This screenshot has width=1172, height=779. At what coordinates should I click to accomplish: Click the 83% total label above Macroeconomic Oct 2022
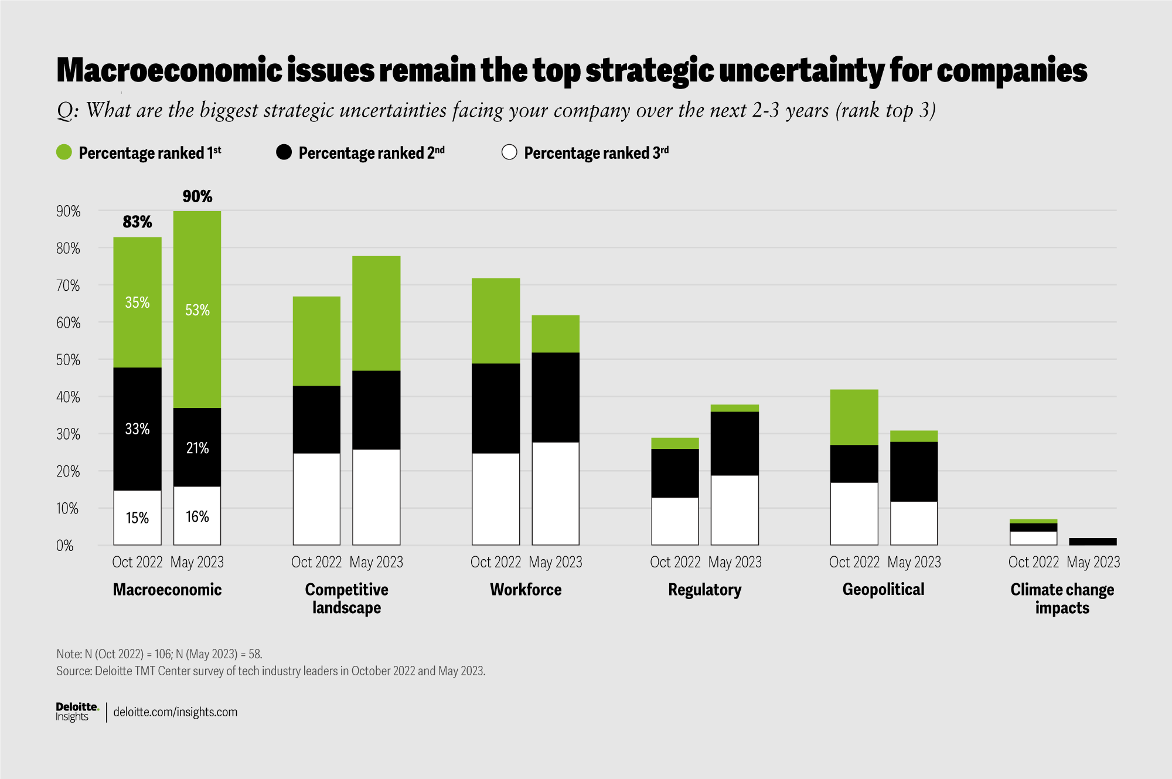[x=137, y=222]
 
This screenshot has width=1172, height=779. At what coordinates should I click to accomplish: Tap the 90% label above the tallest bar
[x=197, y=196]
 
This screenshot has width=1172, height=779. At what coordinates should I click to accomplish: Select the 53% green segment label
[x=197, y=310]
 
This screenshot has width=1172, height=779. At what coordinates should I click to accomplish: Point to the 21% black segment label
[x=197, y=448]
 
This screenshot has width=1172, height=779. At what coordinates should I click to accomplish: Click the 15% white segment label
[x=137, y=518]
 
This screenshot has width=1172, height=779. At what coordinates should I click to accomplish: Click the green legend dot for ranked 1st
[x=64, y=152]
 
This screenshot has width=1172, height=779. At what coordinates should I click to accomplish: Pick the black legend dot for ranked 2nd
[x=284, y=152]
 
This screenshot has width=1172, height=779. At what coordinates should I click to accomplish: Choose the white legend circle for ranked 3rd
[x=509, y=152]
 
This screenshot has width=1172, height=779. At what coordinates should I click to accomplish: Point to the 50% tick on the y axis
[x=68, y=360]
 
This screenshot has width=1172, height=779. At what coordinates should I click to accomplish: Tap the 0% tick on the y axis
[x=65, y=546]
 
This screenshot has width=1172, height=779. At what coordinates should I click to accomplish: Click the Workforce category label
[x=526, y=590]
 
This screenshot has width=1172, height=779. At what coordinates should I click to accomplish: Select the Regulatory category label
[x=704, y=590]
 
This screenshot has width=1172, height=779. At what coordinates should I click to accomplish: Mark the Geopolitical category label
[x=883, y=590]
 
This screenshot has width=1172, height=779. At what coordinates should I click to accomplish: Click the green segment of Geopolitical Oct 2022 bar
[x=854, y=417]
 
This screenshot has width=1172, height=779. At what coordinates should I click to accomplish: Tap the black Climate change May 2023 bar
[x=1093, y=542]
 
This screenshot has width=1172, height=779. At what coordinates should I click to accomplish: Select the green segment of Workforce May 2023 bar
[x=556, y=334]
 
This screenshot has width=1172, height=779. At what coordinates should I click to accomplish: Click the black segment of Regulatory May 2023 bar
[x=735, y=443]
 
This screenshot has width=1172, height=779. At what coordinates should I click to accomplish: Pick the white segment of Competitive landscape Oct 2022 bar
[x=316, y=499]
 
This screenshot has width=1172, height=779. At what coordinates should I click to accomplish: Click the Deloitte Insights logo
[x=77, y=712]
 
